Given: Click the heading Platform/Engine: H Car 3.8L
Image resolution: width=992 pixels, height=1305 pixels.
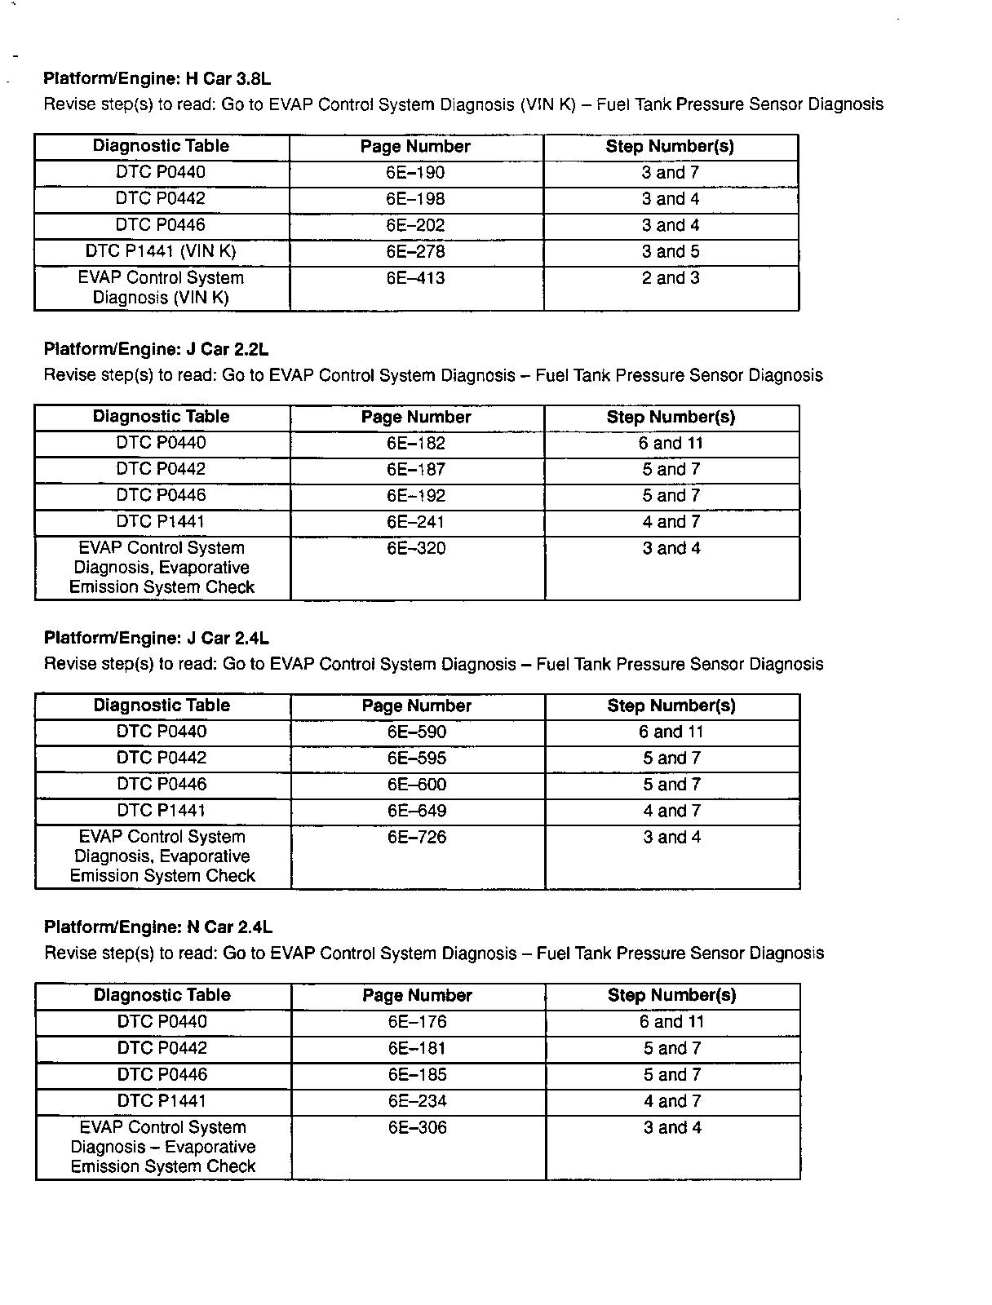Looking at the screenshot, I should click(x=157, y=79).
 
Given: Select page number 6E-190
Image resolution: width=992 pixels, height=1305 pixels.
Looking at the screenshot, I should click(x=416, y=173).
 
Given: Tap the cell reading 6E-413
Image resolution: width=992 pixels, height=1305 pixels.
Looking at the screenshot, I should click(x=416, y=278).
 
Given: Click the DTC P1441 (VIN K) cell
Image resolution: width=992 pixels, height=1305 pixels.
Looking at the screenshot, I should click(x=161, y=251).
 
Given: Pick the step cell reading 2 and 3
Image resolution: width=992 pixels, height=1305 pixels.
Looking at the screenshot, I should click(x=671, y=278).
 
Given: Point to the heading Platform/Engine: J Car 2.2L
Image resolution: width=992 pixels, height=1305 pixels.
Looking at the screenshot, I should click(x=156, y=350).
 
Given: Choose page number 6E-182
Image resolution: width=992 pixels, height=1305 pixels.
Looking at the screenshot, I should click(x=416, y=444).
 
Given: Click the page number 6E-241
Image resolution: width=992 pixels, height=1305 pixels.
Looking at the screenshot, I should click(x=416, y=522).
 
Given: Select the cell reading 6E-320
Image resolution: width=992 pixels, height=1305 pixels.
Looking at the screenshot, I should click(x=416, y=548).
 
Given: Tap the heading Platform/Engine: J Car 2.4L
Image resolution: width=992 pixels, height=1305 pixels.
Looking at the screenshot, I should click(x=157, y=638).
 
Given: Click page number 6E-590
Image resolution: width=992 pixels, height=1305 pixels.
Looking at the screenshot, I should click(x=417, y=732).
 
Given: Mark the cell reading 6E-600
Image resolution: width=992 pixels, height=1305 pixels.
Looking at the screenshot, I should click(x=417, y=785).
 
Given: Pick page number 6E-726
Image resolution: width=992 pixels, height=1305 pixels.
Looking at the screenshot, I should click(x=417, y=837).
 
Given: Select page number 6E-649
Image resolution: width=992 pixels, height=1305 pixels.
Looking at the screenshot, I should click(x=417, y=811).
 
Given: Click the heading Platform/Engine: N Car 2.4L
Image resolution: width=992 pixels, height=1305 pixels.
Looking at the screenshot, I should click(x=158, y=927).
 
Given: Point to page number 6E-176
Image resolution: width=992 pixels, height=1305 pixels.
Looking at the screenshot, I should click(x=418, y=1022).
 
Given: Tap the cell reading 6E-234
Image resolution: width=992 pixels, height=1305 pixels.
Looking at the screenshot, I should click(x=418, y=1101).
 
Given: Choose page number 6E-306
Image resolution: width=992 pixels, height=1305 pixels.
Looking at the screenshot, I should click(x=418, y=1128).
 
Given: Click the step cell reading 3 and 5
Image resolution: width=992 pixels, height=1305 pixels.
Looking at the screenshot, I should click(x=671, y=251).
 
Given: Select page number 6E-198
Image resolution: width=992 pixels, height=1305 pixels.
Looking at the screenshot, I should click(x=416, y=199).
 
